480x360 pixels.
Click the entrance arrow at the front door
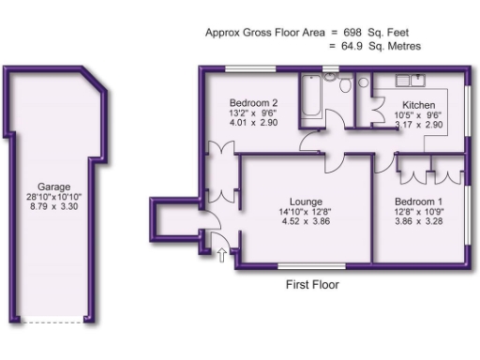click(222, 252)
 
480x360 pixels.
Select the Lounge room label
click(307, 202)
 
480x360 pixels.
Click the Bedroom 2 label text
click(255, 103)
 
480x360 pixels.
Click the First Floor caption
click(312, 284)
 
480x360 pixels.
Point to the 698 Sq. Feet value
click(384, 32)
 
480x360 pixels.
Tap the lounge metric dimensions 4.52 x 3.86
click(307, 223)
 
